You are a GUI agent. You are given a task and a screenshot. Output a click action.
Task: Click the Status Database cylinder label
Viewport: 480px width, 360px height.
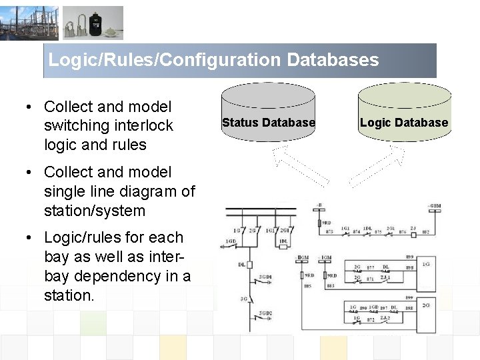268,123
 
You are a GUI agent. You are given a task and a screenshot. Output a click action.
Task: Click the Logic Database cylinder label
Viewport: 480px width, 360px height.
403,123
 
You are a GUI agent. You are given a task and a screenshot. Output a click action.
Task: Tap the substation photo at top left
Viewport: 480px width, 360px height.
29,23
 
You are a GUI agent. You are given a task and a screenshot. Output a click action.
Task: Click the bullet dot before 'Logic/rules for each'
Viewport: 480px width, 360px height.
30,238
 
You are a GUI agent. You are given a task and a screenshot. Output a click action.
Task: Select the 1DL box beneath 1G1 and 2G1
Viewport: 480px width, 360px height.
283,241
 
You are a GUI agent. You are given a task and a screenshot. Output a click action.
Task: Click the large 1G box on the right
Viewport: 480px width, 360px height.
426,265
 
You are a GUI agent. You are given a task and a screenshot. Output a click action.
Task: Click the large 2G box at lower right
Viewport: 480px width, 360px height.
426,306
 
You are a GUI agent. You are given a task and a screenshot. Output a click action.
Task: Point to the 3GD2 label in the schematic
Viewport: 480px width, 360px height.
266,313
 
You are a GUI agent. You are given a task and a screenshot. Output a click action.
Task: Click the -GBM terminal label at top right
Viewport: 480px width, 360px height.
434,205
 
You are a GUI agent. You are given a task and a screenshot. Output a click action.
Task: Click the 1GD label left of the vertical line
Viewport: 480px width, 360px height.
231,241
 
